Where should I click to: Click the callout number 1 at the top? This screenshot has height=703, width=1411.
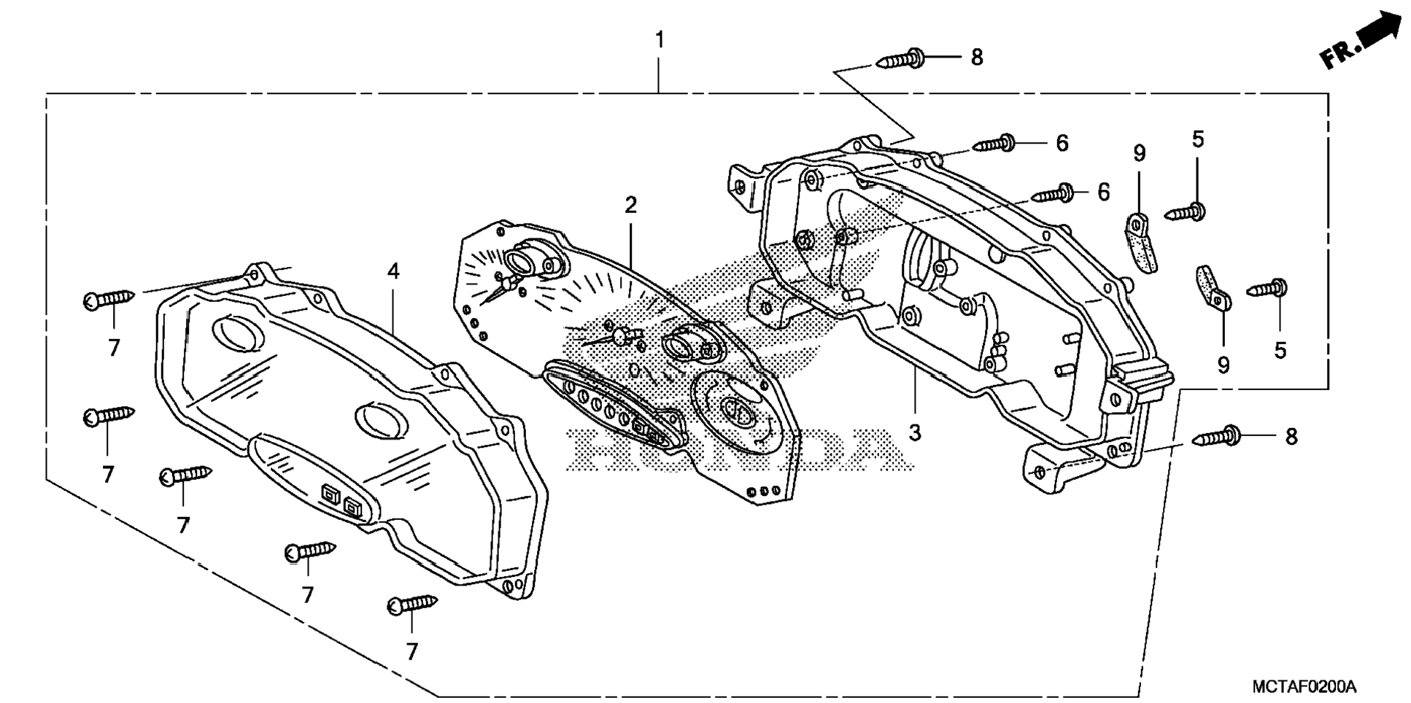click(660, 40)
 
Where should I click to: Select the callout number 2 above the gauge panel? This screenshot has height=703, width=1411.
click(630, 205)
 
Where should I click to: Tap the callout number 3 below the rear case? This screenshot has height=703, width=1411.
click(914, 432)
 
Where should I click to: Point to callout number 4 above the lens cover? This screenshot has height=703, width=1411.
click(393, 271)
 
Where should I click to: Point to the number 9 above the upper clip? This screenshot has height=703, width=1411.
click(1139, 153)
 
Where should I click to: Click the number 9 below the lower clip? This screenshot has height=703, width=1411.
click(1223, 365)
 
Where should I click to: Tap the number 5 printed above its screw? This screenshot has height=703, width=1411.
click(1198, 139)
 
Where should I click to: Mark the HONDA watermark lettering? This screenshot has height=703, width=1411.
click(737, 446)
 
